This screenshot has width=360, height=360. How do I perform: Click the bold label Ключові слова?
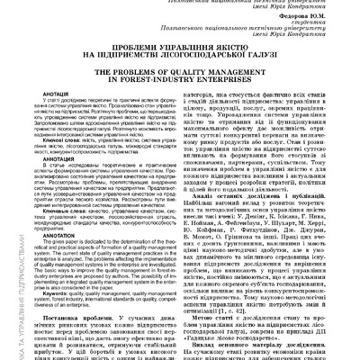point(62,140)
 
